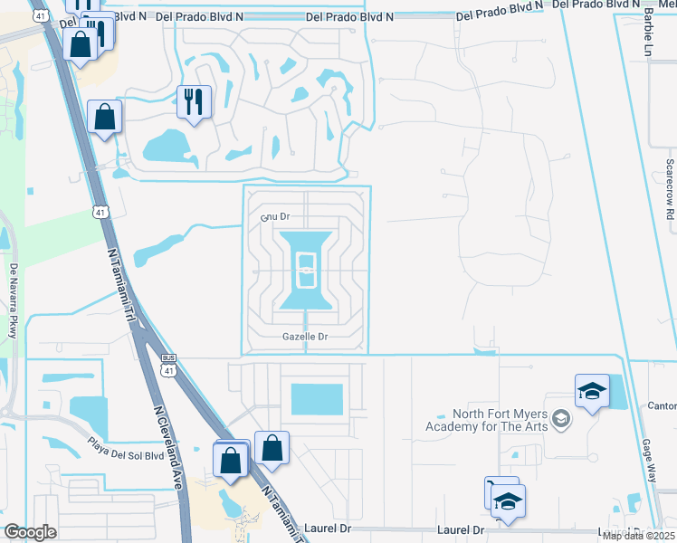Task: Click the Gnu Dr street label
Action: pyautogui.click(x=274, y=217)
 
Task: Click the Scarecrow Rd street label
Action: pyautogui.click(x=670, y=191)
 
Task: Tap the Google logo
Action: pyautogui.click(x=30, y=532)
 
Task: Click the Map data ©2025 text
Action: pyautogui.click(x=637, y=536)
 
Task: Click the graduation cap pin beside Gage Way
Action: pyautogui.click(x=592, y=391)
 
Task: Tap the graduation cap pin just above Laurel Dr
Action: pyautogui.click(x=509, y=500)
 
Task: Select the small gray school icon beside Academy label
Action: pyautogui.click(x=562, y=418)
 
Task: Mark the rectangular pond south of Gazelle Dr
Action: pyautogui.click(x=317, y=398)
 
